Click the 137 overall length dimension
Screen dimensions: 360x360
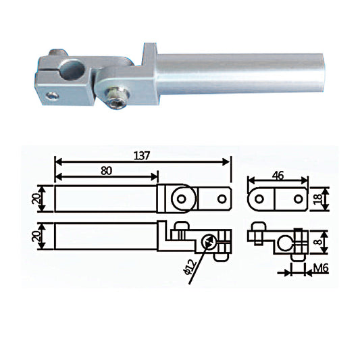(x=142, y=155)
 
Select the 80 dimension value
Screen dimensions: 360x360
(x=106, y=171)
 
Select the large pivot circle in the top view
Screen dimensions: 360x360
(x=181, y=198)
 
